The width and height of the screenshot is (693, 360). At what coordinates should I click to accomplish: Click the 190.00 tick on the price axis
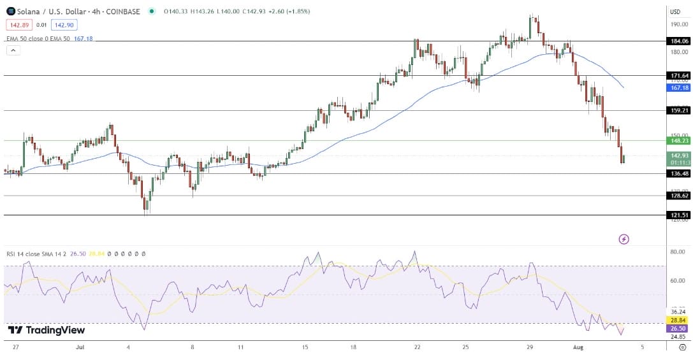[x=677, y=24]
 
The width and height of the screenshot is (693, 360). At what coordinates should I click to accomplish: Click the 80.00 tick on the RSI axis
[x=677, y=252]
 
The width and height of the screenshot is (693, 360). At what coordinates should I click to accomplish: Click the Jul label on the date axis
[x=80, y=347]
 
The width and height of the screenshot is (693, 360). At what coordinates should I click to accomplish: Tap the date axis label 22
[x=416, y=347]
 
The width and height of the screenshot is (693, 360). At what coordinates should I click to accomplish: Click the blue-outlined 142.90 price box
[x=64, y=25]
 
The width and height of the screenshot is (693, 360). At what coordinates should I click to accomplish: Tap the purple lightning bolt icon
[x=624, y=239]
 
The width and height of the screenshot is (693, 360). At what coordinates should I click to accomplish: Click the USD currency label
[x=675, y=11]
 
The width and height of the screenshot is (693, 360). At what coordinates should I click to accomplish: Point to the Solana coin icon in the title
[x=10, y=11]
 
